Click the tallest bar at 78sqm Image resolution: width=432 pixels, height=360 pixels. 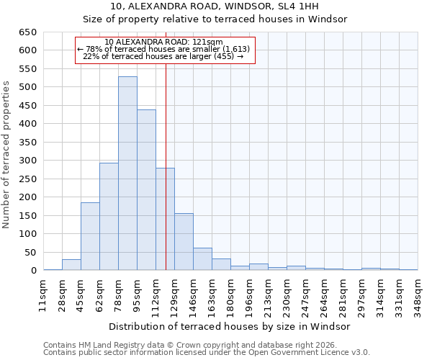point(127,174)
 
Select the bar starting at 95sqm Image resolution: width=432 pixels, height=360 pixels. point(146,190)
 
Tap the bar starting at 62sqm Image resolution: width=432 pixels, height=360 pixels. point(109,217)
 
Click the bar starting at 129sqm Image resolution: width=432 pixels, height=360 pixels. point(184,242)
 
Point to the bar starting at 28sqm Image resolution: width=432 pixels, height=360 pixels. point(71,265)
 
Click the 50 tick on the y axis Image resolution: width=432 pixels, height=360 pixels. point(30,253)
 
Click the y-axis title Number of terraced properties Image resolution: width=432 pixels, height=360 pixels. point(7,155)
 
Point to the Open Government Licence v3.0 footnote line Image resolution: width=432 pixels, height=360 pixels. point(207,353)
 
